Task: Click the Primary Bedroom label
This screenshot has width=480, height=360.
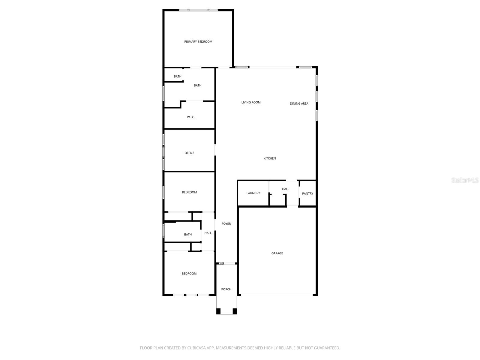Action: point(198,42)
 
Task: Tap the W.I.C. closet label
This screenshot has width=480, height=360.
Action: point(191,117)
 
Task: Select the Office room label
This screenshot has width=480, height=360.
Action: point(189,153)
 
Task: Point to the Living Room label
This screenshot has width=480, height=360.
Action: point(251,102)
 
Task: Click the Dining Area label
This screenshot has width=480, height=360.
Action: point(299,103)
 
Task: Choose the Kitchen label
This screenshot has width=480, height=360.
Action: point(269,158)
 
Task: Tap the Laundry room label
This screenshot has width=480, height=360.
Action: point(253,193)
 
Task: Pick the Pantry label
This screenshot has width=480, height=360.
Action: point(307,193)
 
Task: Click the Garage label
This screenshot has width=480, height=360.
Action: point(277,253)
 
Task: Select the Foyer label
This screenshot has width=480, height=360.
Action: point(226,224)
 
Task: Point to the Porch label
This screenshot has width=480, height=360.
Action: point(226,289)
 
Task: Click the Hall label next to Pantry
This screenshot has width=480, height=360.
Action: point(286,189)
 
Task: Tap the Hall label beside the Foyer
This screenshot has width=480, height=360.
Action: point(208,233)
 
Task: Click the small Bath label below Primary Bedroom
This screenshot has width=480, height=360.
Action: point(178,76)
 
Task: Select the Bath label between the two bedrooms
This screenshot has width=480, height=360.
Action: point(188,235)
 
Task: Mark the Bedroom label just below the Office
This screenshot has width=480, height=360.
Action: point(189,192)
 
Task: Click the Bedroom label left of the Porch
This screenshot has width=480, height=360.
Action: point(189,274)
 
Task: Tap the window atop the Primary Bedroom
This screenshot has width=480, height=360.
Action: point(198,10)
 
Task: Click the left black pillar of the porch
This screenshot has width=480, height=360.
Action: point(218,311)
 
